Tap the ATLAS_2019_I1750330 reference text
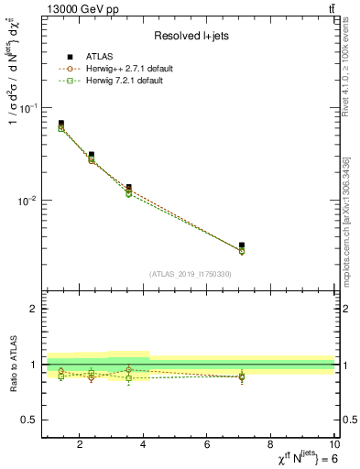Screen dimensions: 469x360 [190, 274]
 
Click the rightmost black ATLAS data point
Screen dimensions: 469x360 [242, 245]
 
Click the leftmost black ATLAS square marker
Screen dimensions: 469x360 [61, 123]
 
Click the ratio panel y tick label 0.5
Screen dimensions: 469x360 [29, 420]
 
